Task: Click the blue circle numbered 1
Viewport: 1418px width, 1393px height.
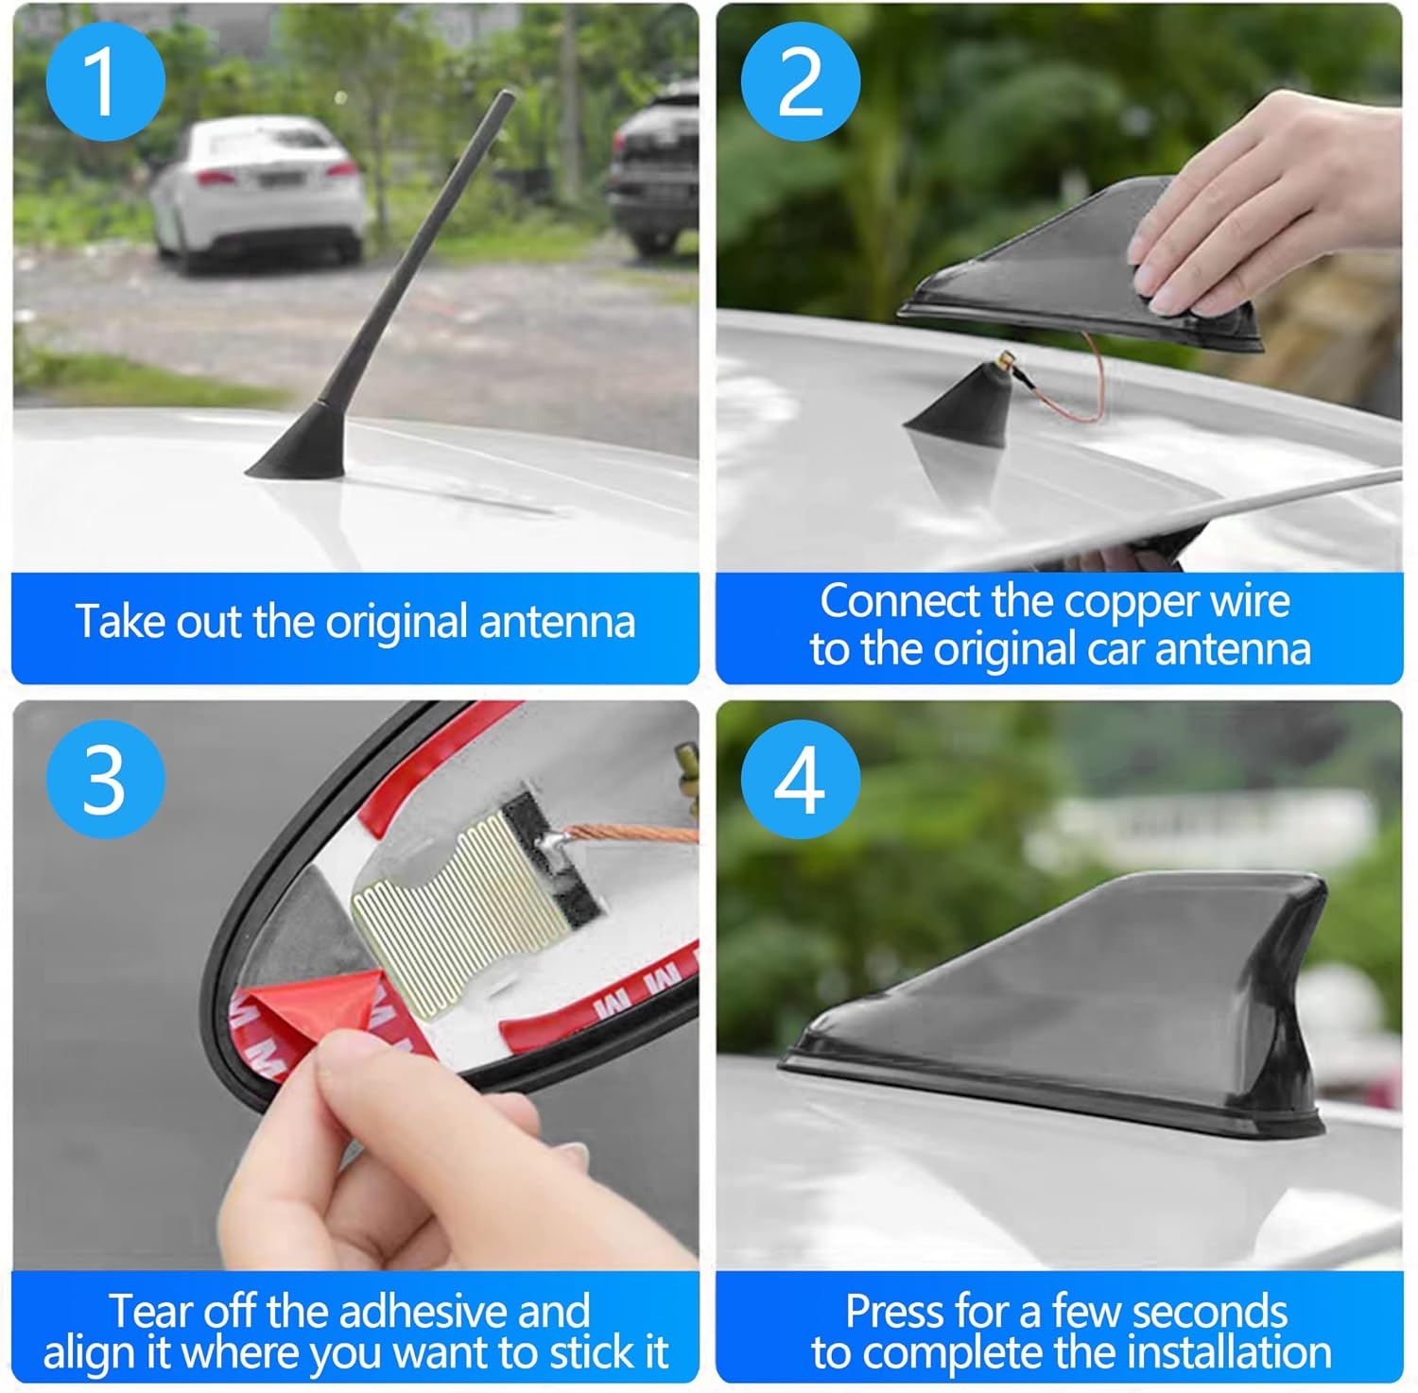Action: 105,82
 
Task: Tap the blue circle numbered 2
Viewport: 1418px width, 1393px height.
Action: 800,82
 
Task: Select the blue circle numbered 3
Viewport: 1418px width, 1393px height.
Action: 105,779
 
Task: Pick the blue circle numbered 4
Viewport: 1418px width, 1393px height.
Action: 800,779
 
